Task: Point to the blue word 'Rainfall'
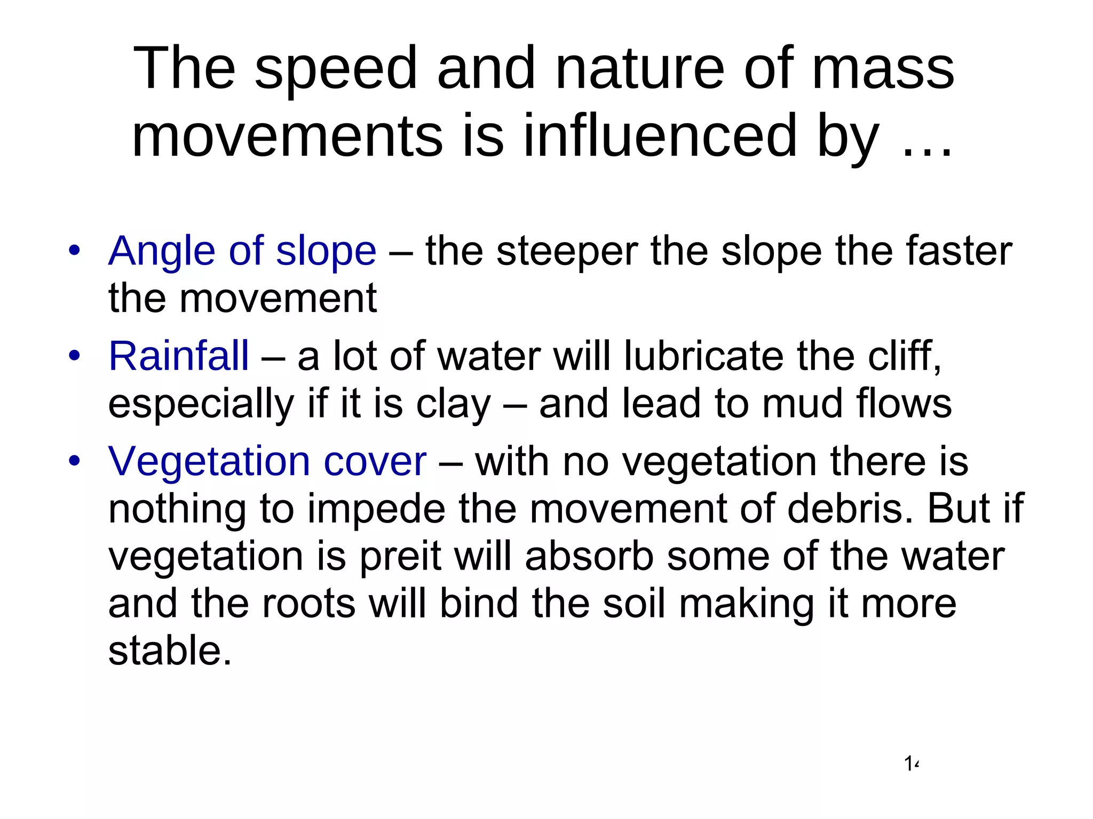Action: [179, 356]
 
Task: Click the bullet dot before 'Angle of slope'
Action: [74, 250]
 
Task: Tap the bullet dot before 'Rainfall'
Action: [74, 355]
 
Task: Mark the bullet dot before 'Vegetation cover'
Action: [74, 460]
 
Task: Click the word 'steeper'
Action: [567, 252]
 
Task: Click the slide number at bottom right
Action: [912, 764]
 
